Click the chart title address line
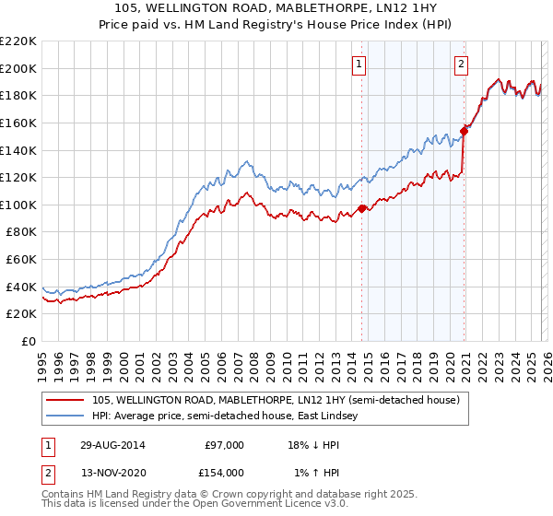point(276,8)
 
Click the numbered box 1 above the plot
point(359,64)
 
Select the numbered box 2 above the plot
point(460,64)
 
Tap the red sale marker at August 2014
point(361,208)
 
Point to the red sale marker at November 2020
point(465,131)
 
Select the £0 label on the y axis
point(28,342)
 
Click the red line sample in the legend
point(65,399)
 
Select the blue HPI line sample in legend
point(65,416)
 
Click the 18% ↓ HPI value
point(313,444)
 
